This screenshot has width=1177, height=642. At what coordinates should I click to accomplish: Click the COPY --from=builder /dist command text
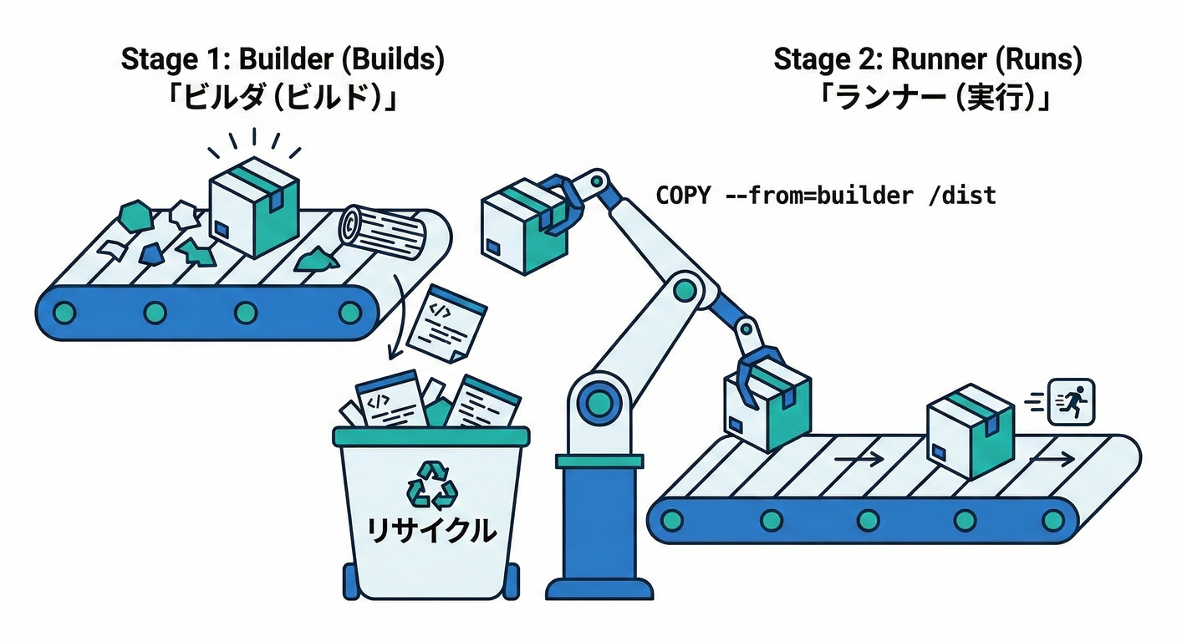826,196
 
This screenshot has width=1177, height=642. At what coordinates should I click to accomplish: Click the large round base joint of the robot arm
599,403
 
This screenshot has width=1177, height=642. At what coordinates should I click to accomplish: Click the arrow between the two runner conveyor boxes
859,458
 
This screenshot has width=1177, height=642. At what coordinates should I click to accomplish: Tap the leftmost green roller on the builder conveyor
64,313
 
